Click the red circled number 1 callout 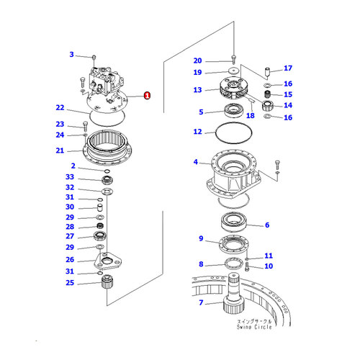pos(147,95)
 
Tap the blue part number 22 pos(60,107)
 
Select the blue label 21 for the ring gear pos(60,150)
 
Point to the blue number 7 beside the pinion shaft pos(201,302)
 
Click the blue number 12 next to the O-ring pos(198,132)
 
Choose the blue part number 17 pos(288,68)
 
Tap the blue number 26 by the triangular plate pos(70,259)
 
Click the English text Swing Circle pos(254,327)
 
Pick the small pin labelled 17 pos(267,72)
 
